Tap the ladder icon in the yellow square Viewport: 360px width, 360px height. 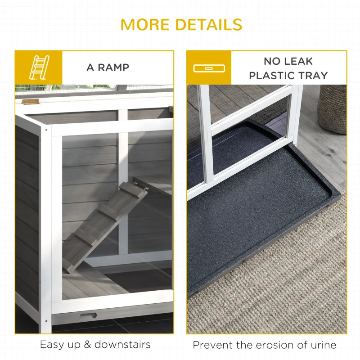38,67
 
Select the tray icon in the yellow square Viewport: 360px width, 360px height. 209,68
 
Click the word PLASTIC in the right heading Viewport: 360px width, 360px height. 272,76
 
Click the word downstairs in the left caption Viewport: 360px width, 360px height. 122,345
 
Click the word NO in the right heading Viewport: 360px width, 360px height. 272,61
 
